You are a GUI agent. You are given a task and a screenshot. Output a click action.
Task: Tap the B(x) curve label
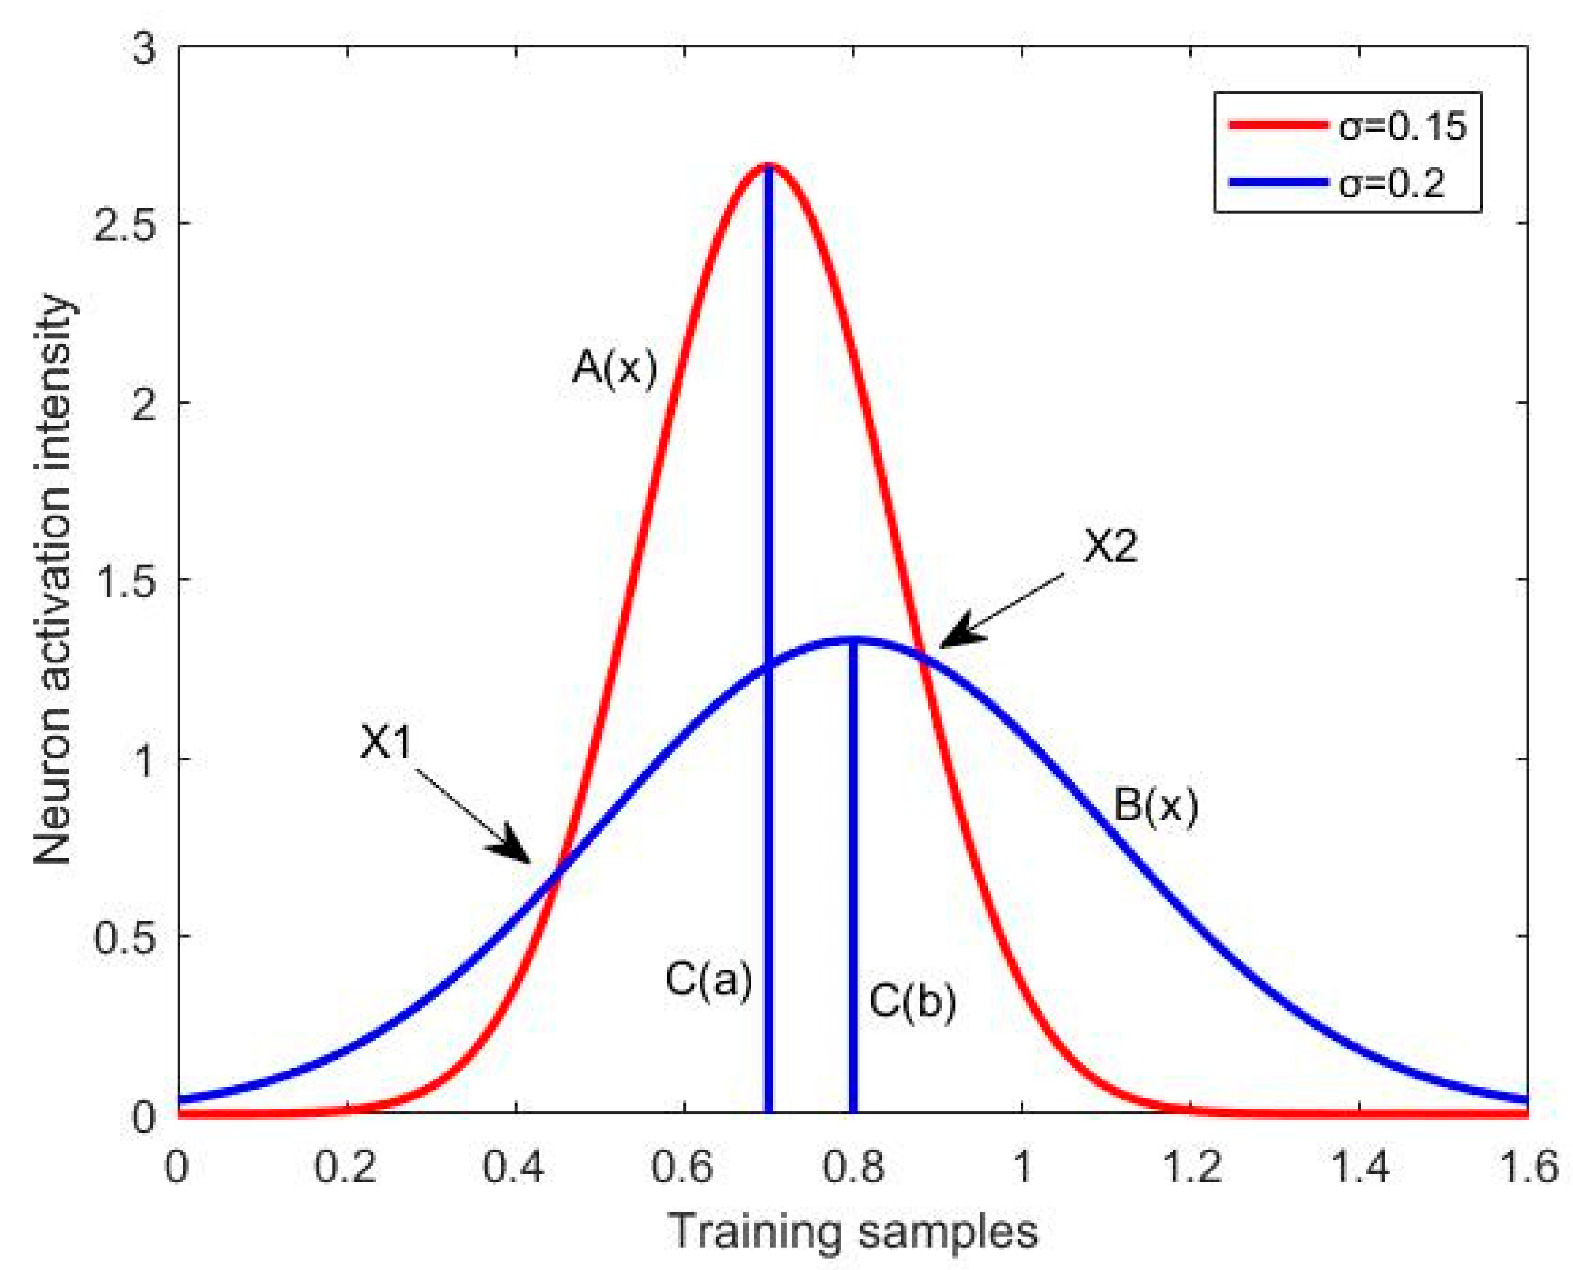point(1156,807)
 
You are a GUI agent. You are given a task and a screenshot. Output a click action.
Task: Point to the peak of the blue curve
point(853,640)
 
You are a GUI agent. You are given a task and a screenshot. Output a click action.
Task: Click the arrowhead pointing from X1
point(512,851)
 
